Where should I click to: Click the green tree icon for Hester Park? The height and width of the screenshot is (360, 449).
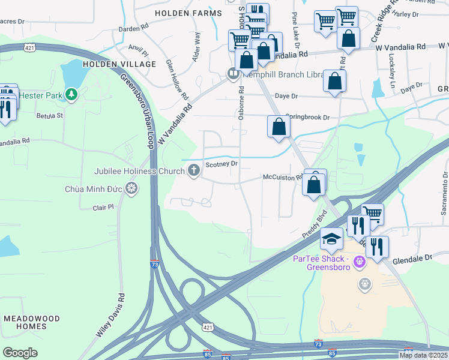click(71, 94)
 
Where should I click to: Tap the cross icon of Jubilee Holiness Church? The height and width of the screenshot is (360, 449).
click(193, 171)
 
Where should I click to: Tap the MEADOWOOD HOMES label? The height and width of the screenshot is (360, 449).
click(24, 322)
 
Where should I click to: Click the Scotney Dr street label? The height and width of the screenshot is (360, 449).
click(222, 163)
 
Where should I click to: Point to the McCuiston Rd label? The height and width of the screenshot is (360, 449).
click(282, 177)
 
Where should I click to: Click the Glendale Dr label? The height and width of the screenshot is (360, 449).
click(412, 259)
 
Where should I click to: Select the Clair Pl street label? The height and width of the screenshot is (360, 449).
click(103, 208)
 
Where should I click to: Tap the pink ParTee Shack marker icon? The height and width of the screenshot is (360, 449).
click(360, 262)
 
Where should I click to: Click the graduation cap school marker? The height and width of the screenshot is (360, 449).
click(331, 240)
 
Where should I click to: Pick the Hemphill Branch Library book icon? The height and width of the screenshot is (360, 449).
click(233, 74)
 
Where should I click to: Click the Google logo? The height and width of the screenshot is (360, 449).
click(20, 352)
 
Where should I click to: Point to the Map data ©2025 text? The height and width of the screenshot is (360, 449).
click(423, 355)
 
